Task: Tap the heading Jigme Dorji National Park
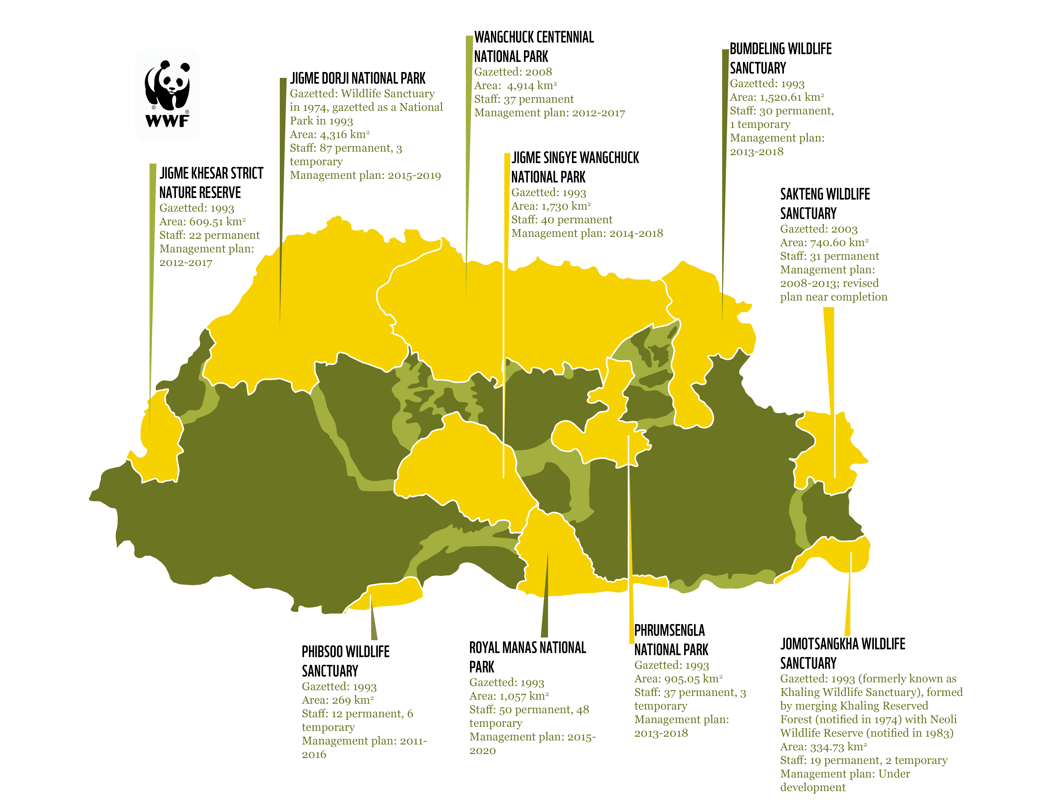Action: (357, 78)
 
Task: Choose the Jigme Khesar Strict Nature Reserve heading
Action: (211, 182)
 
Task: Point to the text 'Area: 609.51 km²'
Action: (202, 222)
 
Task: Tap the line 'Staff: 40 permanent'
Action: (561, 220)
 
